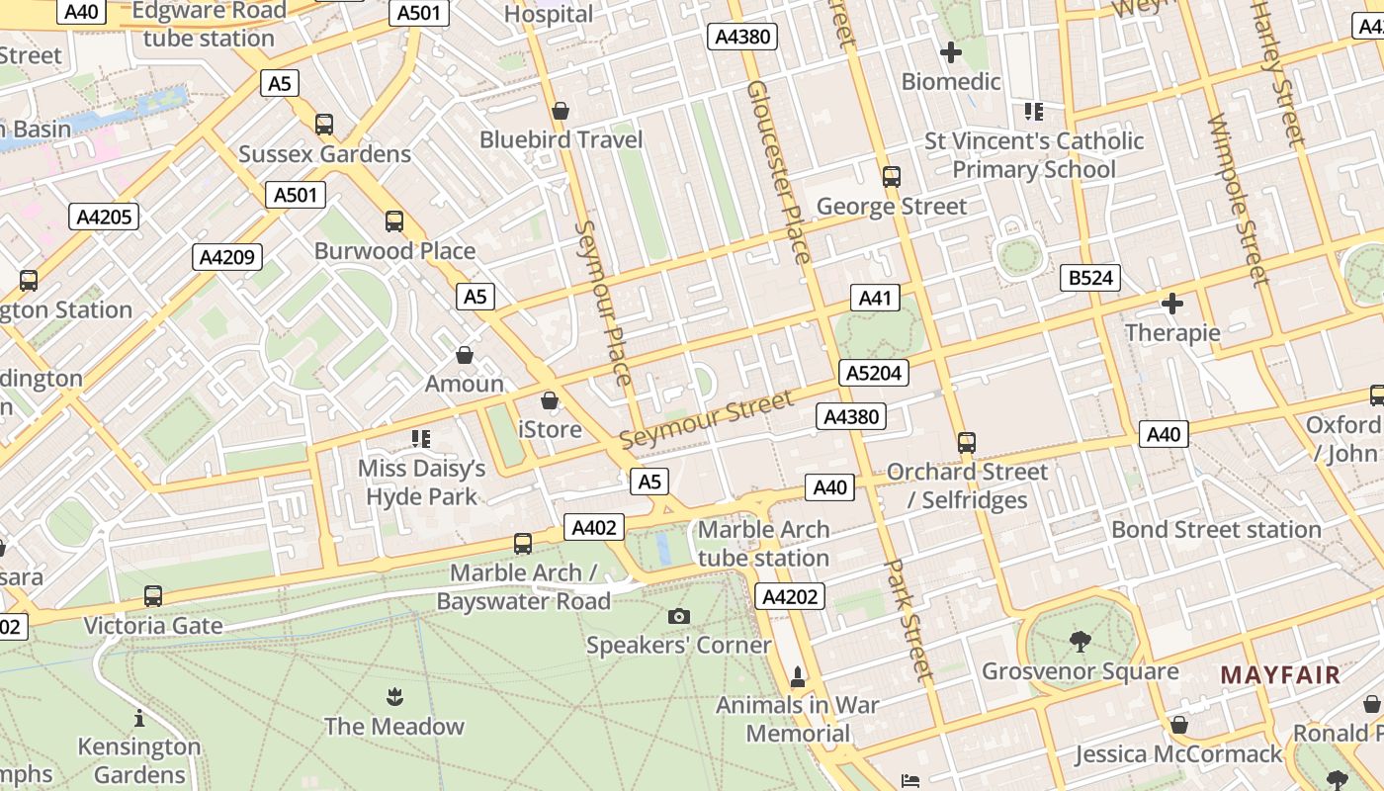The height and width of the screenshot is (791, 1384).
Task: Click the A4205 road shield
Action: (104, 217)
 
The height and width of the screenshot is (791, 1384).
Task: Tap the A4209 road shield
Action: (227, 257)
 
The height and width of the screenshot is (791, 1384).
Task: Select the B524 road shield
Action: (1091, 278)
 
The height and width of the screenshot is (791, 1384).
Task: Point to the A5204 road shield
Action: (873, 373)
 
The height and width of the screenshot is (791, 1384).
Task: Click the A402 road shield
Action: (594, 527)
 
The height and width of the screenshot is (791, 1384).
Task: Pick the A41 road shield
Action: (875, 298)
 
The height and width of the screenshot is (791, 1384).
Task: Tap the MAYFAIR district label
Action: (1280, 675)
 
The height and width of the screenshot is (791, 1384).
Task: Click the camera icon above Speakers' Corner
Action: (678, 616)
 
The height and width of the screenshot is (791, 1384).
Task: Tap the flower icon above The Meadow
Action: (394, 696)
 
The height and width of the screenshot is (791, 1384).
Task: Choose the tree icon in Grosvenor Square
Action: (1080, 642)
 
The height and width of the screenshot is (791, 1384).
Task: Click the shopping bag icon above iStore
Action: (550, 400)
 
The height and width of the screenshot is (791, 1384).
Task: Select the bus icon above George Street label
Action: (892, 177)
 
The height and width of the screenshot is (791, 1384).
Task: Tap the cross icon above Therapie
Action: (1172, 304)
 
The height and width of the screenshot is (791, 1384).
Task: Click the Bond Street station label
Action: (1216, 529)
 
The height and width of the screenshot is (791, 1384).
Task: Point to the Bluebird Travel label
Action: (561, 139)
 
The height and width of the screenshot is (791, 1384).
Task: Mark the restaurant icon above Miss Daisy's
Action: (421, 438)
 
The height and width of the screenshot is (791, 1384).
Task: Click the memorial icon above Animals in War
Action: (798, 676)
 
